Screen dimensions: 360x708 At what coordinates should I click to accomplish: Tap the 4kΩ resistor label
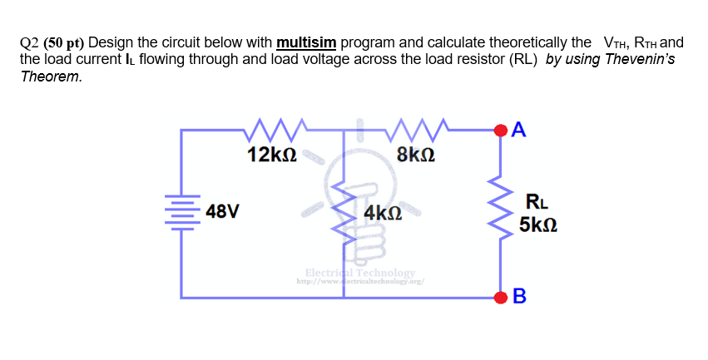[x=383, y=213]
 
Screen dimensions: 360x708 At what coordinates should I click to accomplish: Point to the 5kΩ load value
[x=537, y=225]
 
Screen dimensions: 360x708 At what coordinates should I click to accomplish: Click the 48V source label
[x=223, y=211]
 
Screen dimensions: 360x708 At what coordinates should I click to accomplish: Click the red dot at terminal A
[x=501, y=130]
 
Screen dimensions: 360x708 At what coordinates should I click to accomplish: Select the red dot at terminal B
[x=501, y=297]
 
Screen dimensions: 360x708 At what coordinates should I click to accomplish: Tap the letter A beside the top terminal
[x=520, y=130]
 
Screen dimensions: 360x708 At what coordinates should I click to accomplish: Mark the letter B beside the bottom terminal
[x=520, y=297]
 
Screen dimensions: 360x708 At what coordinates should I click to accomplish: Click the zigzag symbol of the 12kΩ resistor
[x=273, y=129]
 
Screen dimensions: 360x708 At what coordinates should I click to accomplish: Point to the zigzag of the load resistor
[x=501, y=212]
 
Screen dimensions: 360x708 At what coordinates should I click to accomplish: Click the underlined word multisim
[x=306, y=42]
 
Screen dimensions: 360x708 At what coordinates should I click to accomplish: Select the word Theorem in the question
[x=52, y=76]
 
